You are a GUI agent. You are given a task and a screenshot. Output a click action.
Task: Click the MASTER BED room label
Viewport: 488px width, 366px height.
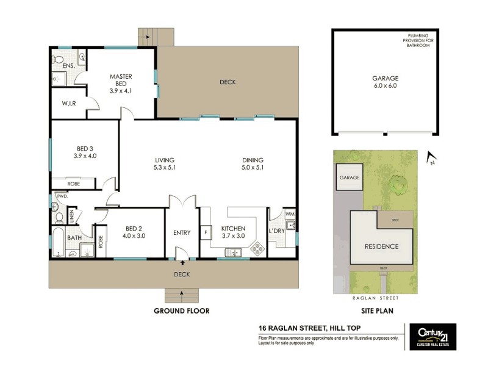121,77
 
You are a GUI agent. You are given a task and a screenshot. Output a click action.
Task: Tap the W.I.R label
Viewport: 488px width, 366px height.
68,104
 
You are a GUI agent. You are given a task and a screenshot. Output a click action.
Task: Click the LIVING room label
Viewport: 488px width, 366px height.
165,160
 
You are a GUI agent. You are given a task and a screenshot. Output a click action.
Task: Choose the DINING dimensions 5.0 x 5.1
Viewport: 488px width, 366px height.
252,168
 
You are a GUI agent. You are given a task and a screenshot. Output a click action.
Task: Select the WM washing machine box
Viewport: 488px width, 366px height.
290,213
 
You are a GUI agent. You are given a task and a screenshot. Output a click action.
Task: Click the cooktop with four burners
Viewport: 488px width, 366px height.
257,248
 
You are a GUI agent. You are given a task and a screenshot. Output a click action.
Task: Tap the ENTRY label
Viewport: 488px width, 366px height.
182,232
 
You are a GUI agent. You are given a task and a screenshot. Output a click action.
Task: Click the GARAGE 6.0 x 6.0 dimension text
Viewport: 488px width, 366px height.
385,86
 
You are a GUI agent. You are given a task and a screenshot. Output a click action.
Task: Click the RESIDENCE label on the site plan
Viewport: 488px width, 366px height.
382,246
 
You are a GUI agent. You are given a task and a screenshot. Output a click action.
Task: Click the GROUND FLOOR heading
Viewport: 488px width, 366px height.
181,310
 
